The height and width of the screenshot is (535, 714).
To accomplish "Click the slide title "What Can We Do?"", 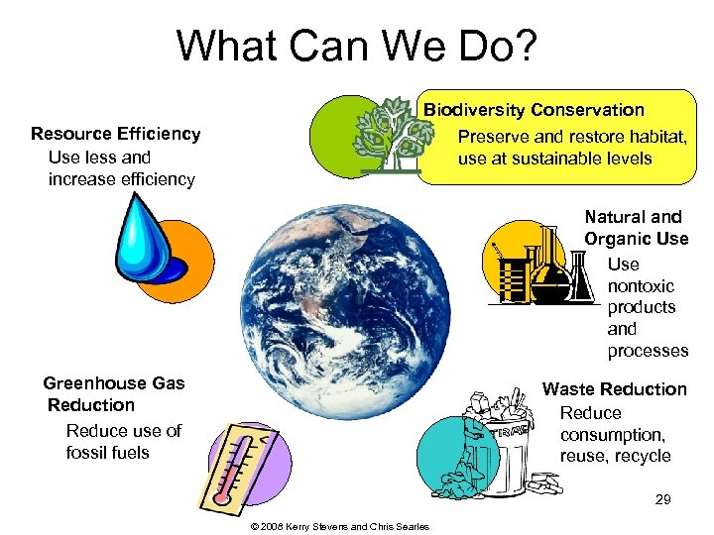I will coord(356,47).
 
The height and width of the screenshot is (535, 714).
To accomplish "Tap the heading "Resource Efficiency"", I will coord(116,134).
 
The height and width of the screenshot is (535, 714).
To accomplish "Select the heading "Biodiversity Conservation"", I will coord(535,110).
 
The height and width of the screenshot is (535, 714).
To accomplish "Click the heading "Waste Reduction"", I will coord(614,389).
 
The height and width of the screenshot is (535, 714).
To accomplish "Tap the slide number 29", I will coord(662,500).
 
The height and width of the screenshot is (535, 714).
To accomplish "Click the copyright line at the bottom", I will coord(341,526).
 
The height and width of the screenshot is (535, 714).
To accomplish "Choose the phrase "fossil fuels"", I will coord(107,453).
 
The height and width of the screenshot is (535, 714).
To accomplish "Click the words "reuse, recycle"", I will coord(615,456).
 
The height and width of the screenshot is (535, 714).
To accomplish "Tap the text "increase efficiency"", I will coord(121,179).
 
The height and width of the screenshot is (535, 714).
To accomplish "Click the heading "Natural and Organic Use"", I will coord(635,227).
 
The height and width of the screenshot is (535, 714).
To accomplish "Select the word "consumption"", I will coord(612,435).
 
